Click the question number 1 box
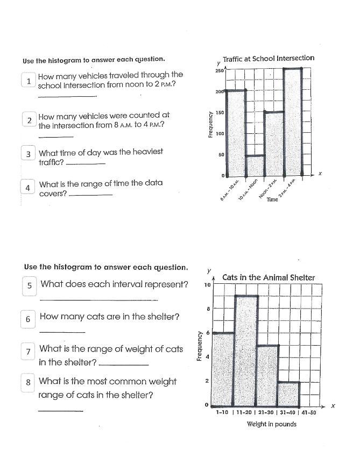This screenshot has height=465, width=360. [28, 81]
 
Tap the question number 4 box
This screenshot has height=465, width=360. [27, 188]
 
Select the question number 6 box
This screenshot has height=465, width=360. [28, 319]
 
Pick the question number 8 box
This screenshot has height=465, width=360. [28, 383]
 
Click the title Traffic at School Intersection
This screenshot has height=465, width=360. [269, 58]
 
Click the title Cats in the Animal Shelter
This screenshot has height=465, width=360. [269, 277]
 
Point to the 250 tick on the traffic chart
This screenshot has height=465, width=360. [218, 71]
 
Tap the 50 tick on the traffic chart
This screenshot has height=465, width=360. [220, 155]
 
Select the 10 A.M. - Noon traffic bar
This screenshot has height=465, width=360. [255, 165]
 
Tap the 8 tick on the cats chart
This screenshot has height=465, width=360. [207, 309]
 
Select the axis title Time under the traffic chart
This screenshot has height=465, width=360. [272, 199]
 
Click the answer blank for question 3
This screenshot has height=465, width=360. [84, 164]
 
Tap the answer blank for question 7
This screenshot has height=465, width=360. [124, 365]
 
